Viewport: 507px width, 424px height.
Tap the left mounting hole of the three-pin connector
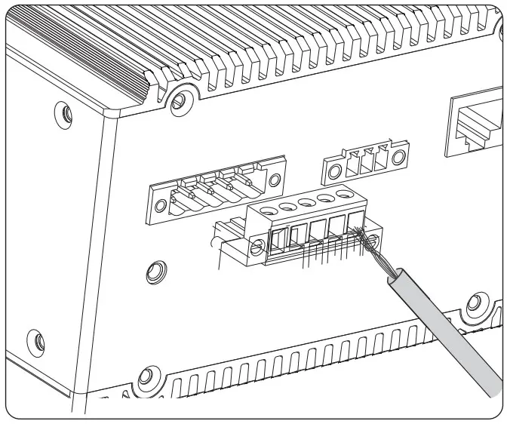(x=330, y=165)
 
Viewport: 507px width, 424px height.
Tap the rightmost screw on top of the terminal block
(x=346, y=195)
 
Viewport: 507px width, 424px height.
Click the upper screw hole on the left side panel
(x=66, y=113)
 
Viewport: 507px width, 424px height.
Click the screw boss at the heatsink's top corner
(x=179, y=97)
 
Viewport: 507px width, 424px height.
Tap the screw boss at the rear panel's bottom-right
(x=477, y=304)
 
